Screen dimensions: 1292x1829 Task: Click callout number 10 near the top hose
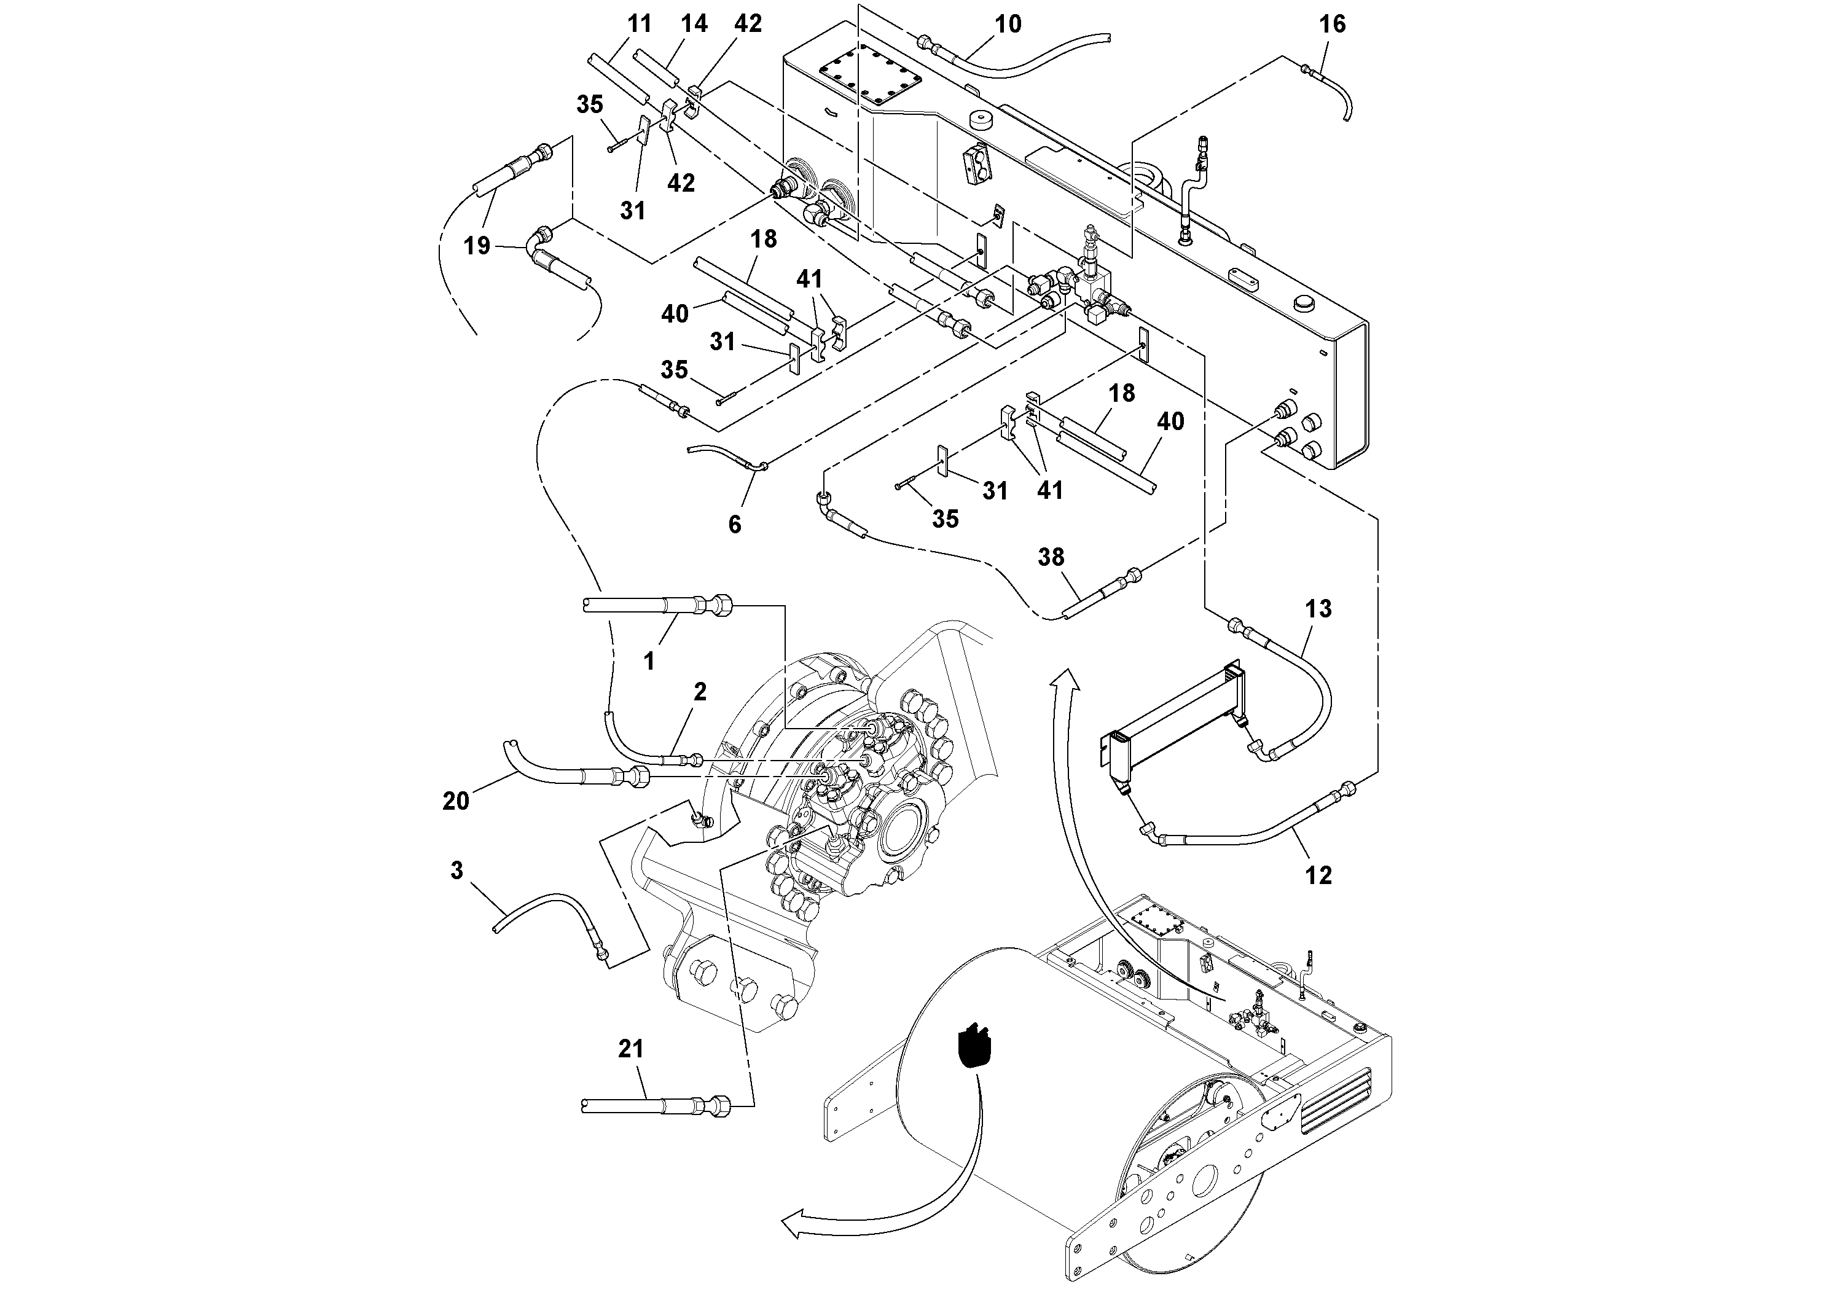[1008, 25]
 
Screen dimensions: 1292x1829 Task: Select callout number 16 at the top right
[1332, 25]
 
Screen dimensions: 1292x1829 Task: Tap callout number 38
[1051, 558]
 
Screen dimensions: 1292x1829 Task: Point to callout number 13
[1318, 609]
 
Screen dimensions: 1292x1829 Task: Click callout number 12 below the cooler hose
[1318, 875]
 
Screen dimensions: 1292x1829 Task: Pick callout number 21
[630, 1049]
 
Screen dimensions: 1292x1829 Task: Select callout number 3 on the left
[456, 871]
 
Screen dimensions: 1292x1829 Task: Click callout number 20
[456, 801]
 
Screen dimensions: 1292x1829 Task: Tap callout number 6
[734, 524]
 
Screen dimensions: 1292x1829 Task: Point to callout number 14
[694, 25]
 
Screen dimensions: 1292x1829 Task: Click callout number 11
[640, 25]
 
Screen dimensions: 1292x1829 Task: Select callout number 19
[477, 246]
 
